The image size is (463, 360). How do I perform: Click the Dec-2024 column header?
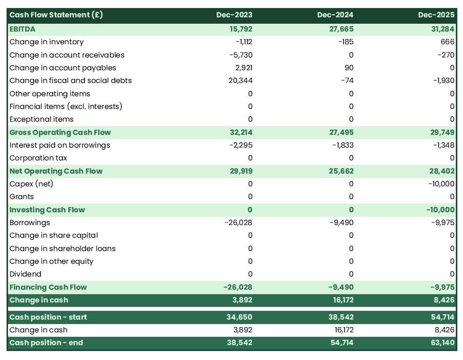tap(335, 15)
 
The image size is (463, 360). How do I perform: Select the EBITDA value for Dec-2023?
tap(242, 29)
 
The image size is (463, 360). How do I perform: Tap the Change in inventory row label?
tap(46, 42)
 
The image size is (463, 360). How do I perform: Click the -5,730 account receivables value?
tap(241, 55)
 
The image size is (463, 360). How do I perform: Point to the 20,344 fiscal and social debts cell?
tap(240, 81)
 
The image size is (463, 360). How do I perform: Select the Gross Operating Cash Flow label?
tap(60, 132)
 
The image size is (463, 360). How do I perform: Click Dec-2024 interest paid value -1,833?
tap(343, 145)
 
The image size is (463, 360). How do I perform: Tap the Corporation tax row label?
tap(38, 158)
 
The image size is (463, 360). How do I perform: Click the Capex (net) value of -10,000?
tap(441, 184)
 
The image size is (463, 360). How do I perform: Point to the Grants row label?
tap(22, 197)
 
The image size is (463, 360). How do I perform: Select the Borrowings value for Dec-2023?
tap(238, 223)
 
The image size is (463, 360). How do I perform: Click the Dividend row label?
tap(25, 274)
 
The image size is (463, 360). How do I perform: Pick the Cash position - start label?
tap(48, 317)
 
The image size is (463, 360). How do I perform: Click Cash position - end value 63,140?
tap(443, 343)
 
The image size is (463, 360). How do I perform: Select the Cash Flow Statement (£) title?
tap(56, 15)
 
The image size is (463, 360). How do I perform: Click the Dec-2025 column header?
tap(436, 15)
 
